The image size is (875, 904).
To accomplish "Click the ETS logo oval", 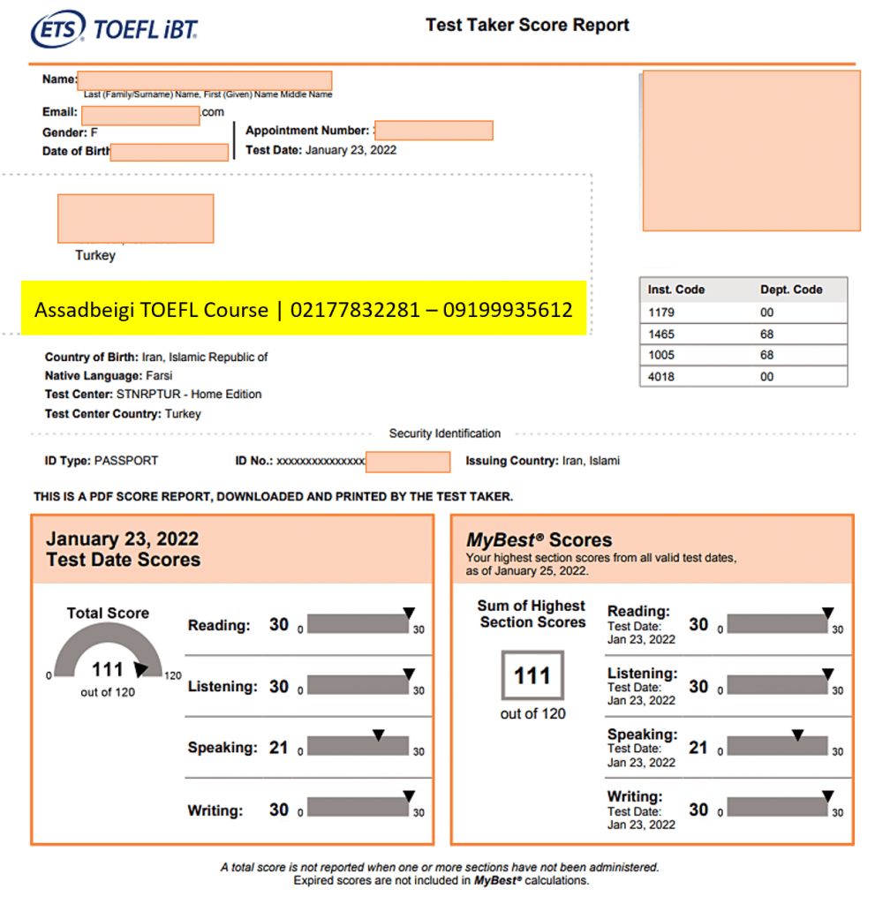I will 57,30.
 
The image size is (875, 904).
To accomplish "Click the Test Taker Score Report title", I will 527,25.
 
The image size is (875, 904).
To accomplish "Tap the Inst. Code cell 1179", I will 660,312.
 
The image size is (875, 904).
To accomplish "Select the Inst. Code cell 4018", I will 660,377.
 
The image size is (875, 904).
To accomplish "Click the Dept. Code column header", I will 791,290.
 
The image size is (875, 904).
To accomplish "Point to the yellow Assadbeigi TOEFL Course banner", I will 304,310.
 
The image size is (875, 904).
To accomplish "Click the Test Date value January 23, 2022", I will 351,150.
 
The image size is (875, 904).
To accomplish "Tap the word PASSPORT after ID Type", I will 126,461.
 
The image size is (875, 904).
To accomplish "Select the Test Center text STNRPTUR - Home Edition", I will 189,395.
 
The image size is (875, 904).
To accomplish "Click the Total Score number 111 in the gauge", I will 108,670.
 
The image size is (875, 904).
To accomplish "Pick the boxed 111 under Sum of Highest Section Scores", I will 532,676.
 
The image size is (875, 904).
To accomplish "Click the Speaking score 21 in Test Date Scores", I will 279,748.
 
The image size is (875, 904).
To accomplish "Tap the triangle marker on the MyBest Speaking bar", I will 797,734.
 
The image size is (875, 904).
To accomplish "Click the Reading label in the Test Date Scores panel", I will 219,626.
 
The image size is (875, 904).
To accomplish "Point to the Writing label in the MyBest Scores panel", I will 634,796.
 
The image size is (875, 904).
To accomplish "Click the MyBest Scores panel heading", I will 539,540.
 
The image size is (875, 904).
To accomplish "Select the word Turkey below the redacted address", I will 95,255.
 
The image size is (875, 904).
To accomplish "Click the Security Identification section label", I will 445,433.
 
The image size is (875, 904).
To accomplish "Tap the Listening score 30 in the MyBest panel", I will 698,686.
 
